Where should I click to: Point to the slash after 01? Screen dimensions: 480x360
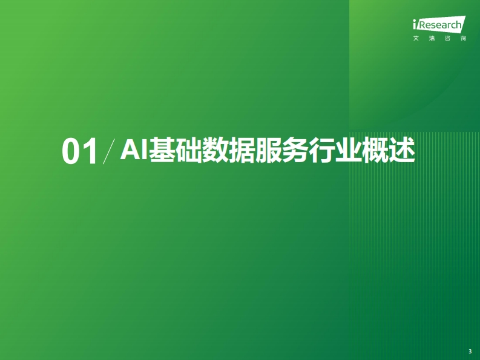tap(109, 151)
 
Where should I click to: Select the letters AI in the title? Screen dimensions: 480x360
tap(134, 149)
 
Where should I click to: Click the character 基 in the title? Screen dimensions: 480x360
tap(162, 149)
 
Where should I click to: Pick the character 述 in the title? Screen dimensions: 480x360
tap(402, 149)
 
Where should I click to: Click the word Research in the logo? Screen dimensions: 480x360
tap(439, 25)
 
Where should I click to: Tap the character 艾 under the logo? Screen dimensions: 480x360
tap(416, 38)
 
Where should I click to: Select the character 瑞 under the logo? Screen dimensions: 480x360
tap(432, 38)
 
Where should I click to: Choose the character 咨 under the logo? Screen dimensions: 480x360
tap(447, 38)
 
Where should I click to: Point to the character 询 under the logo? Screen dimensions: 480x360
tap(463, 38)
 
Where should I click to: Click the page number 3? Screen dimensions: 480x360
tap(470, 352)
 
